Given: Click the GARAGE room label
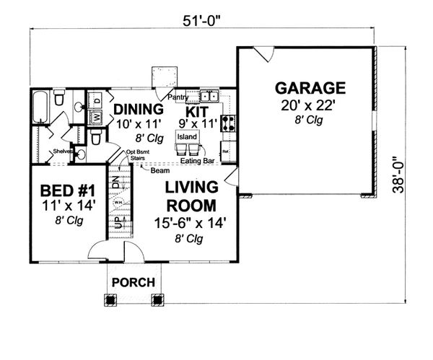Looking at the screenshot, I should pyautogui.click(x=310, y=89).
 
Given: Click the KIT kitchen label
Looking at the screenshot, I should pyautogui.click(x=198, y=112).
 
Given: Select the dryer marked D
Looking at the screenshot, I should pyautogui.click(x=96, y=99).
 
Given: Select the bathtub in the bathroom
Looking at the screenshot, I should pyautogui.click(x=43, y=106).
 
